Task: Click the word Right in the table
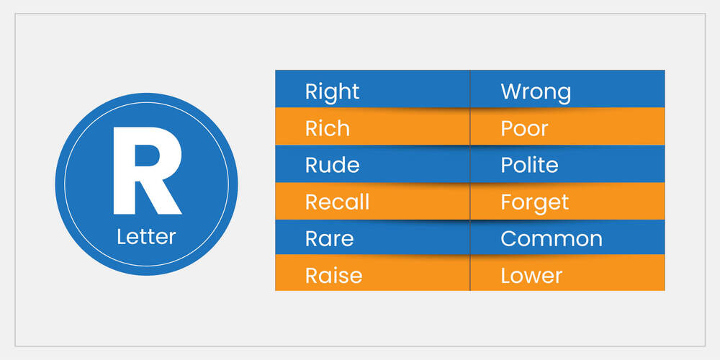[332, 92]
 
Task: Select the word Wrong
[536, 92]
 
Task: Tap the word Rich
[328, 129]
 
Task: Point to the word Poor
[524, 129]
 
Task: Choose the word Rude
[332, 166]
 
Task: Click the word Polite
[529, 166]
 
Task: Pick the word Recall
[338, 202]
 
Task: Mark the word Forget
[534, 202]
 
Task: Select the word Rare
[329, 239]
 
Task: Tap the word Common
[551, 239]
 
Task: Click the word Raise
[333, 276]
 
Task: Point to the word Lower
[531, 276]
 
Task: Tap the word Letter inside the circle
[146, 237]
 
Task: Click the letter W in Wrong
[510, 92]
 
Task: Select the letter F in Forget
[505, 202]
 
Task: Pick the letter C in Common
[508, 239]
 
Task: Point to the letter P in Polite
[506, 166]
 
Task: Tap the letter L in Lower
[505, 276]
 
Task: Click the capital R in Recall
[311, 202]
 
